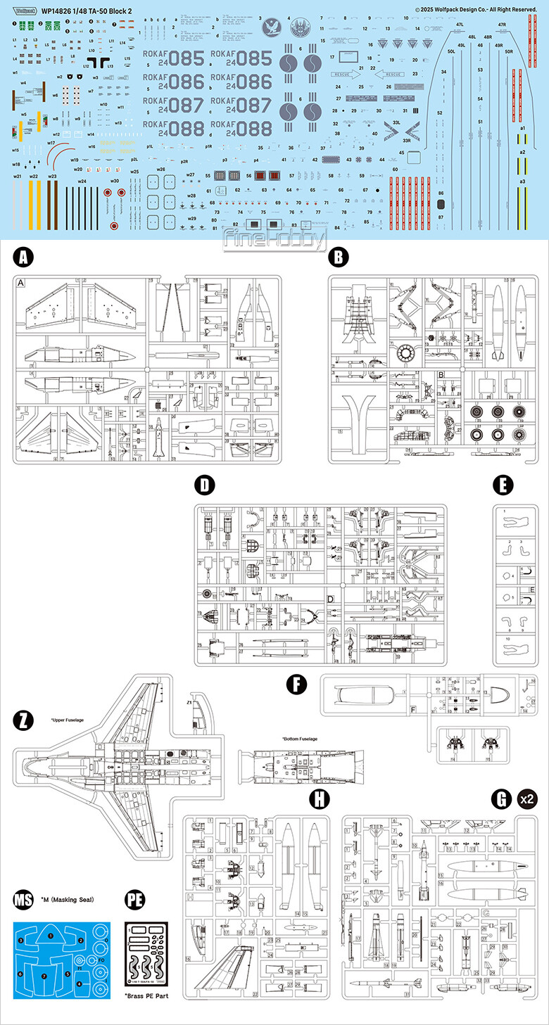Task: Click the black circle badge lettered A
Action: (24, 257)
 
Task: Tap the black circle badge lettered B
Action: (339, 257)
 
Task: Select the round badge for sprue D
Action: (204, 485)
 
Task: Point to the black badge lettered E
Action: (503, 485)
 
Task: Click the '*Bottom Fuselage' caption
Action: (300, 739)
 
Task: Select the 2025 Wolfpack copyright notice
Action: (476, 8)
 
